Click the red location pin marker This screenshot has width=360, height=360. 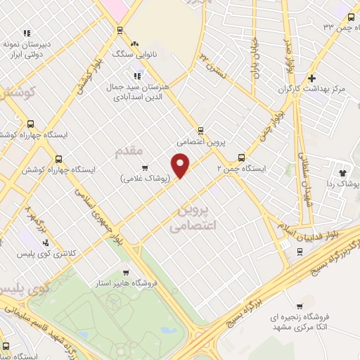pos(181,165)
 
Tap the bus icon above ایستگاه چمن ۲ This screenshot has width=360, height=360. pos(242,157)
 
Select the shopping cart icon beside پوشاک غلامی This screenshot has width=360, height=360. pos(145,167)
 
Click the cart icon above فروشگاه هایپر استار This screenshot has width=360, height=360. pos(125,273)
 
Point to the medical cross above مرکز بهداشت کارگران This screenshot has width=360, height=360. pos(312,78)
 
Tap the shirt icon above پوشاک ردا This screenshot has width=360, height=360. pos(343,172)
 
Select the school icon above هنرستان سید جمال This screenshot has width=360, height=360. pos(137,75)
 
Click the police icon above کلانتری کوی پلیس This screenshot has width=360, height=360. pos(46,242)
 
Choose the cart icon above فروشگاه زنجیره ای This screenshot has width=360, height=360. pos(300,307)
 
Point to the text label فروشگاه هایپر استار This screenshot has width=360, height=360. pos(125,283)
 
